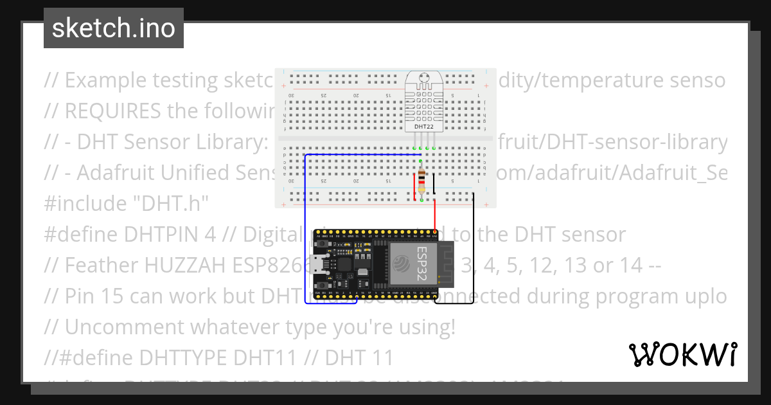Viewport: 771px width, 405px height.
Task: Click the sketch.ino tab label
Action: [113, 28]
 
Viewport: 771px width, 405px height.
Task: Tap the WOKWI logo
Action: [682, 354]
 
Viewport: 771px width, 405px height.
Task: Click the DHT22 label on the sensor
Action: [423, 127]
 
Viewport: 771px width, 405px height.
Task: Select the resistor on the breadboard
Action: [421, 181]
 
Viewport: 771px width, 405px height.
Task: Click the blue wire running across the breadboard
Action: [360, 155]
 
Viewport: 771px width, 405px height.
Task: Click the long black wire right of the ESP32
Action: [474, 251]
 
